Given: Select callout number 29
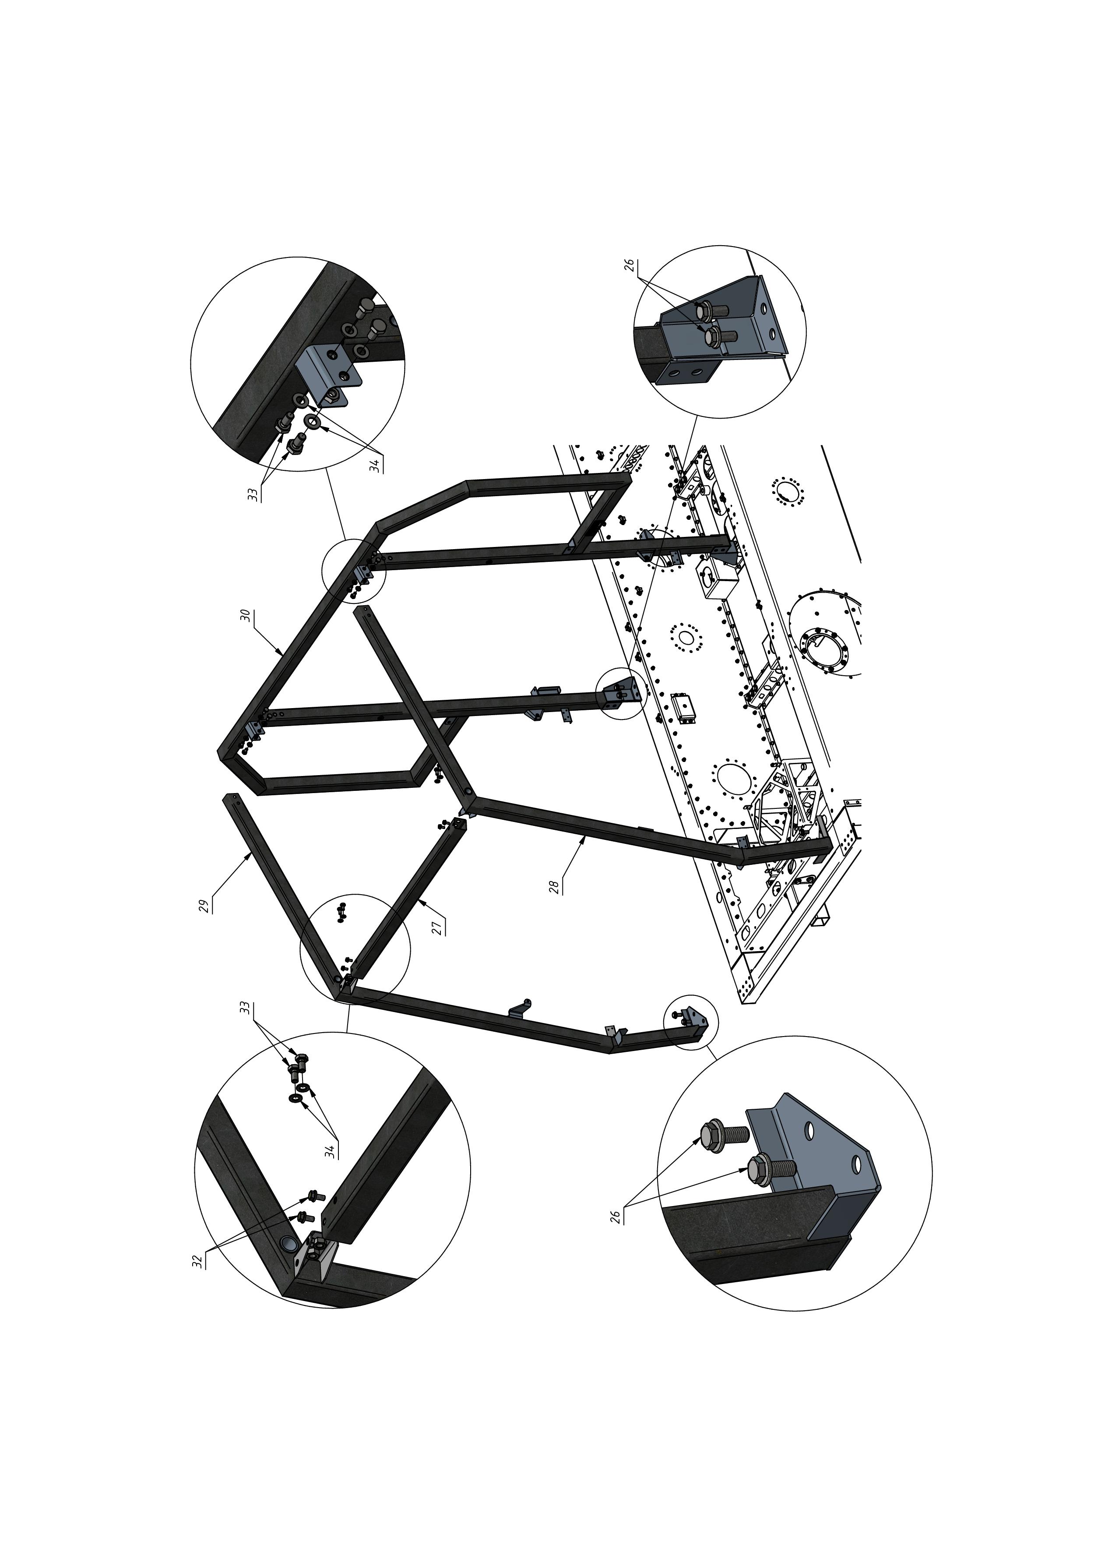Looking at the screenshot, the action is [x=203, y=906].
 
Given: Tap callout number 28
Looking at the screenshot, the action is [x=554, y=888].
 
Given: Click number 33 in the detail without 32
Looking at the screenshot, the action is [x=253, y=494].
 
